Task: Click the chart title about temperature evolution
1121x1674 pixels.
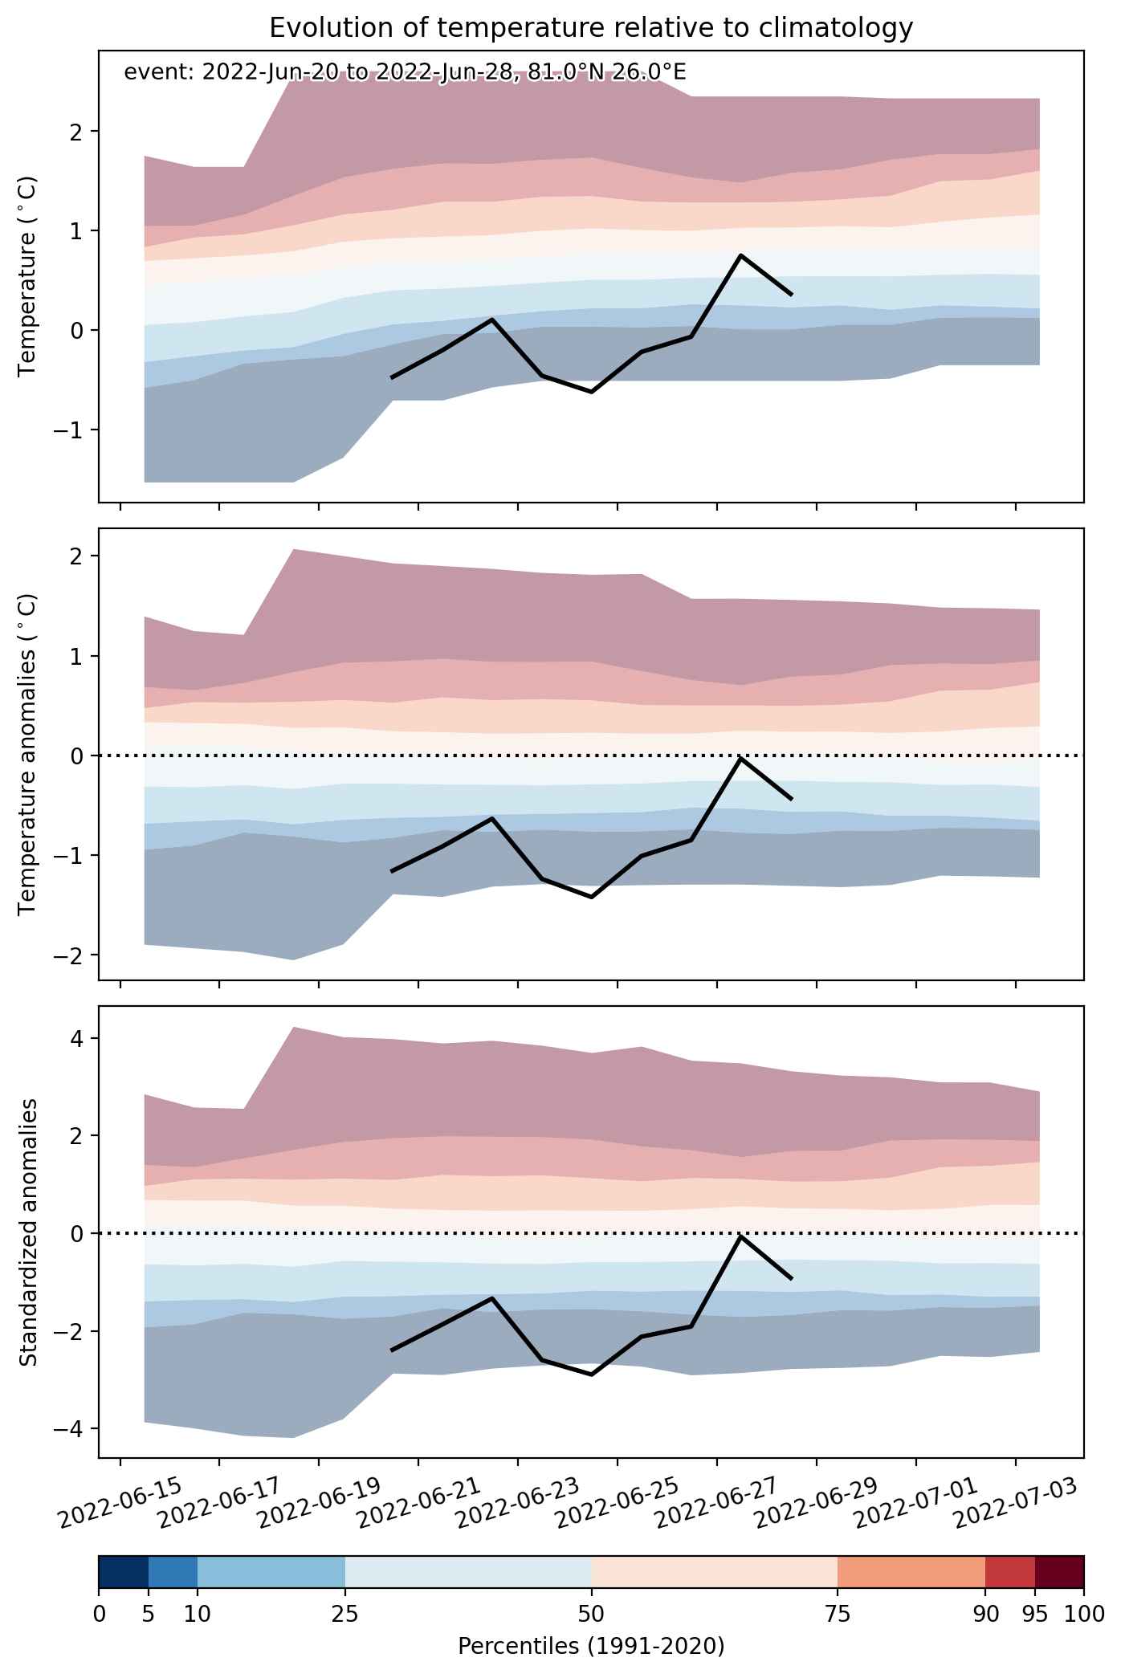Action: pyautogui.click(x=591, y=28)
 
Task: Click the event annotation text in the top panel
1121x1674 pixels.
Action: pyautogui.click(x=405, y=73)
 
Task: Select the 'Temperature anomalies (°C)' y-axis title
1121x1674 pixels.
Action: pyautogui.click(x=28, y=754)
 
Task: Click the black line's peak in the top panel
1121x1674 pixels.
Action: pyautogui.click(x=740, y=255)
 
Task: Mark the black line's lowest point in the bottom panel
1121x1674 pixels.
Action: pyautogui.click(x=592, y=1375)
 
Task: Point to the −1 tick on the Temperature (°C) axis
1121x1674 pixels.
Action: pyautogui.click(x=76, y=430)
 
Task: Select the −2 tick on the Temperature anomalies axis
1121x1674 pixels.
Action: pyautogui.click(x=76, y=955)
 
